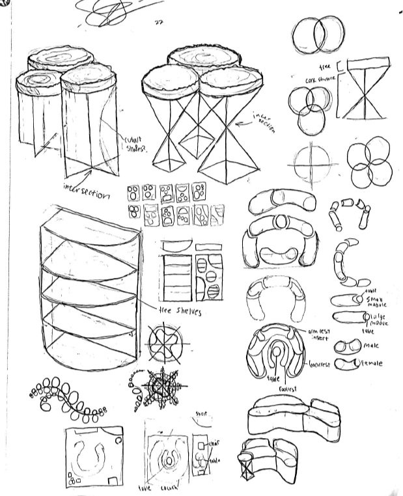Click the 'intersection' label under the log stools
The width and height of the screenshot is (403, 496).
[96, 191]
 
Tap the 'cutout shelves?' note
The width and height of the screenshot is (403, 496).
[137, 143]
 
